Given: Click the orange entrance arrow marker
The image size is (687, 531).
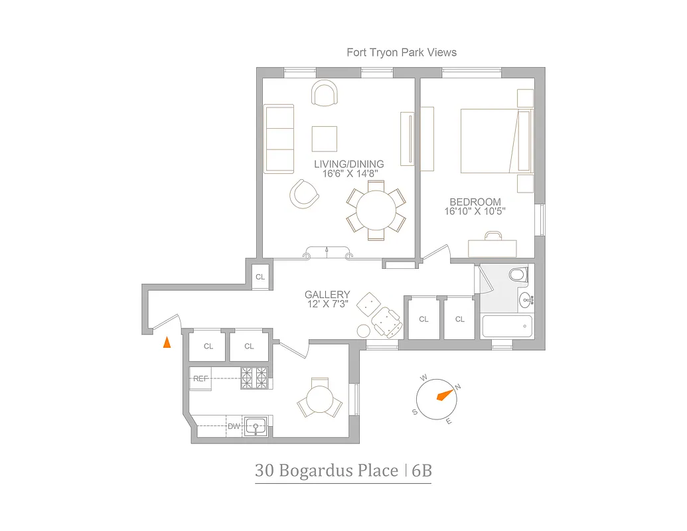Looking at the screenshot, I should tap(167, 342).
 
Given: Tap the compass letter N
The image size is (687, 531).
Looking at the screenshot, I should tap(457, 387).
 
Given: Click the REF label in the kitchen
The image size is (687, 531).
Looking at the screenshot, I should tap(200, 378).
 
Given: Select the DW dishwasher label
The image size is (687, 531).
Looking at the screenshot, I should tap(234, 426).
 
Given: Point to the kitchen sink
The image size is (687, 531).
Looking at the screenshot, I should tap(256, 425).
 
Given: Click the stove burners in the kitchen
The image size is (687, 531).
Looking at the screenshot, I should tap(256, 378).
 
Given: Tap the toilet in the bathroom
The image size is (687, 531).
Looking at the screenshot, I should tap(516, 274).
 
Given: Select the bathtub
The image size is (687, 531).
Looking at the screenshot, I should tap(507, 327).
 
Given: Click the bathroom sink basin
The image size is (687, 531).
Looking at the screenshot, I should tap(526, 300).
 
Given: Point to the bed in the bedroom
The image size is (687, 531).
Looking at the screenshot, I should tap(491, 141).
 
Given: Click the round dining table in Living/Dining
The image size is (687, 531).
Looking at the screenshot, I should tap(375, 210).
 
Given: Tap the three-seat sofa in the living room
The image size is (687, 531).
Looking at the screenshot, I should tap(279, 139).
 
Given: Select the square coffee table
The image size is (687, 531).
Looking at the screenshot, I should tap(325, 139).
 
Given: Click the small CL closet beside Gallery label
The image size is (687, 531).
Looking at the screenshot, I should tap(260, 277).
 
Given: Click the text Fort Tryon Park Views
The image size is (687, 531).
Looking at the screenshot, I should tap(402, 52).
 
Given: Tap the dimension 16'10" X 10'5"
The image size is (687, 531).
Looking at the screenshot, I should tap(475, 212).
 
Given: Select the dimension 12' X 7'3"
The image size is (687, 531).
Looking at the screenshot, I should tap(327, 304).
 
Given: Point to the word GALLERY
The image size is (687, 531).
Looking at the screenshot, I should tap(327, 295).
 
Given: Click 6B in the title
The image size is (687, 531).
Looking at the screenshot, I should tap(421, 471).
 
